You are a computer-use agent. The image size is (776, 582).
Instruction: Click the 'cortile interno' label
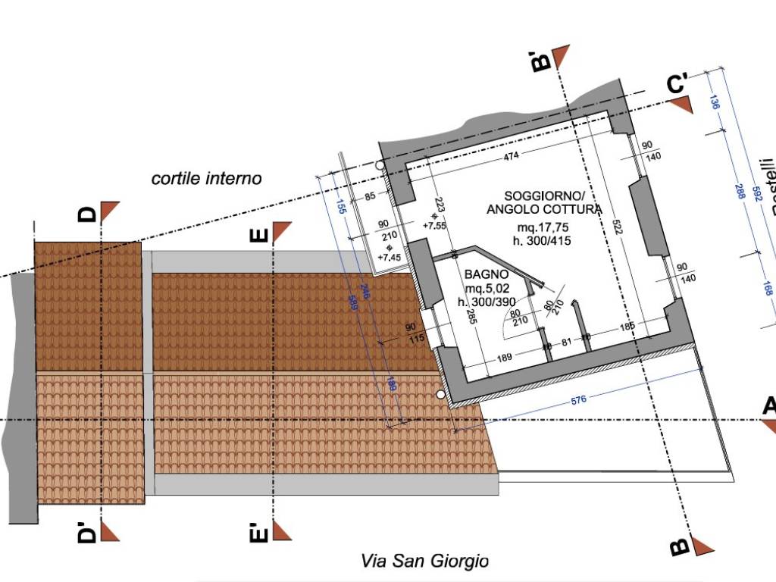pos(206,179)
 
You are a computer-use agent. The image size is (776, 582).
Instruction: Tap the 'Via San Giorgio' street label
pos(424,562)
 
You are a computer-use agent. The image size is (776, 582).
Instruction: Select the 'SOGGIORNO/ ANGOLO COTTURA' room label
pos(544,202)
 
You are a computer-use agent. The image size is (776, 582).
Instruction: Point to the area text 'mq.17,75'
pos(543,227)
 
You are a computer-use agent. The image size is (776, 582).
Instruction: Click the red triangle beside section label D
pos(110,211)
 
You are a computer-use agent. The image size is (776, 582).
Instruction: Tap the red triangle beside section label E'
pos(282,531)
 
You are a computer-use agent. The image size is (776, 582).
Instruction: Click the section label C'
pos(677,84)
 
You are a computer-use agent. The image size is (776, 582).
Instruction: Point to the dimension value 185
pos(626,327)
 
